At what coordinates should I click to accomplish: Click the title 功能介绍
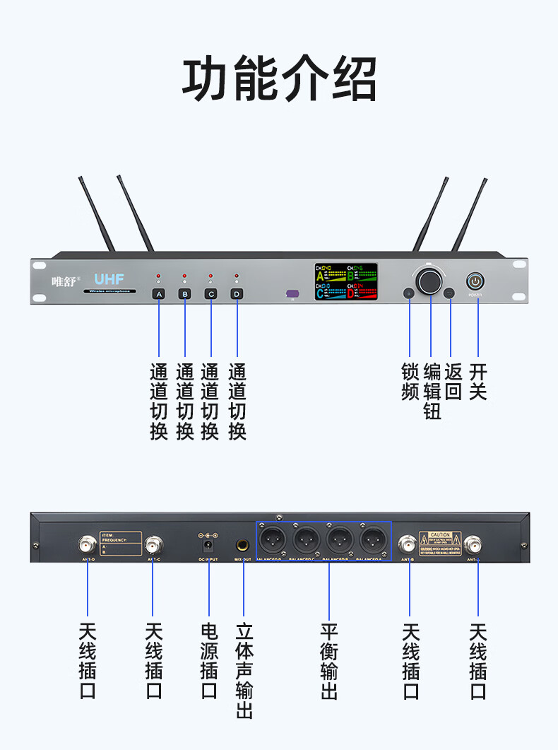[279, 80]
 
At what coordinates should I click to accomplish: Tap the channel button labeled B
[185, 293]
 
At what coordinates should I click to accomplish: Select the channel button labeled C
[210, 293]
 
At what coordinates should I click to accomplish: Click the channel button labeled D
[237, 293]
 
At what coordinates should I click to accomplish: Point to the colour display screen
[346, 281]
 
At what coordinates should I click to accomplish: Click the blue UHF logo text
[109, 279]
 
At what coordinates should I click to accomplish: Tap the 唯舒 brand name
[64, 281]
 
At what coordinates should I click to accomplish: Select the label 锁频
[410, 382]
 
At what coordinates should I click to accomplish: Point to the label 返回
[453, 382]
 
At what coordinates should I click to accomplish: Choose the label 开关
[478, 382]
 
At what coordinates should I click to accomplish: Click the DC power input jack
[208, 546]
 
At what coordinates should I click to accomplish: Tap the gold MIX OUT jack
[243, 546]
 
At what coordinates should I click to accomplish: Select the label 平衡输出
[329, 662]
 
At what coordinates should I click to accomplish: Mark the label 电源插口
[209, 662]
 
